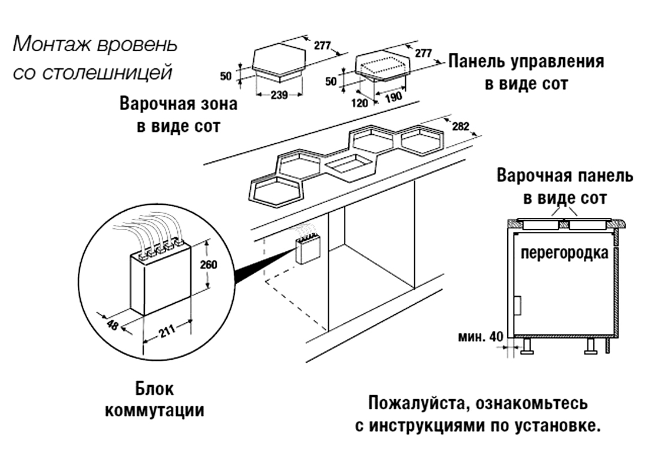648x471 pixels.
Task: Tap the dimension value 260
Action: tap(208, 264)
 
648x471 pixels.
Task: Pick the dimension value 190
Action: tap(393, 97)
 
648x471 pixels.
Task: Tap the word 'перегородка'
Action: tap(563, 254)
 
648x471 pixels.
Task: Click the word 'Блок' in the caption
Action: tap(154, 390)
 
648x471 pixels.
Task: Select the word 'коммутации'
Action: tap(154, 410)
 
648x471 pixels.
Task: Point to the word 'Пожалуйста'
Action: tap(418, 404)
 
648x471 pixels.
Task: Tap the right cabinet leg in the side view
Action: tap(590, 347)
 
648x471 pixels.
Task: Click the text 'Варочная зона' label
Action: tap(178, 105)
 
